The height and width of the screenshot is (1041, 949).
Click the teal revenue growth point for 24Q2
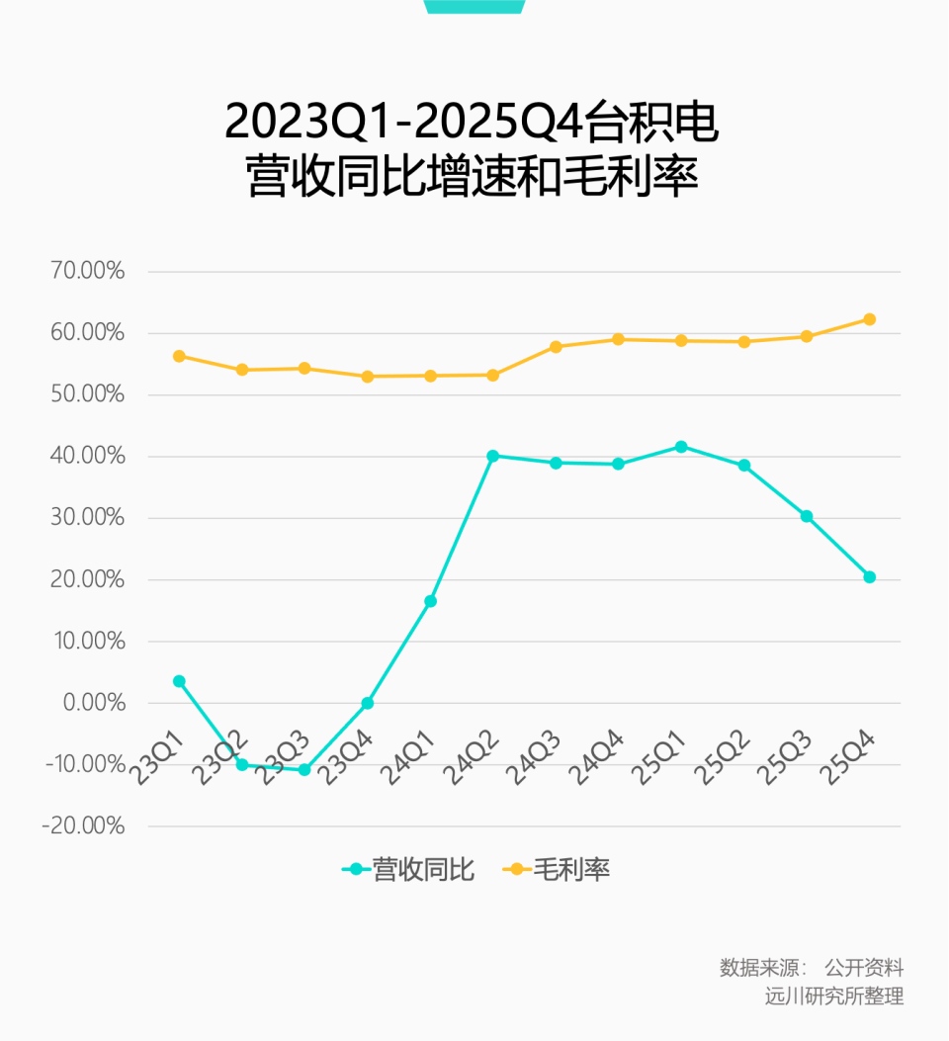pos(493,456)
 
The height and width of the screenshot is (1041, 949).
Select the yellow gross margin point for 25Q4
pos(870,319)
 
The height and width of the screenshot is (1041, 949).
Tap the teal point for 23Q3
pos(304,769)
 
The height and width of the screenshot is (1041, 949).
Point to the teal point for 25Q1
pos(681,447)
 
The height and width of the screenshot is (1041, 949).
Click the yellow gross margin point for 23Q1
pos(179,356)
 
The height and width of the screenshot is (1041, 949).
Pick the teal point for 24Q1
pos(430,601)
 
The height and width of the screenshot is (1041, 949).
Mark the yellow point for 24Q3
pos(556,347)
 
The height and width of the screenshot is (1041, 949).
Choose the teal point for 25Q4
pos(870,577)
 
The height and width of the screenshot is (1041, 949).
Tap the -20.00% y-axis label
pos(83,826)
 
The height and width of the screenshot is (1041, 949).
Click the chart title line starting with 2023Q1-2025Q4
pos(472,122)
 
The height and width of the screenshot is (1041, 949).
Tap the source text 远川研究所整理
pos(834,996)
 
